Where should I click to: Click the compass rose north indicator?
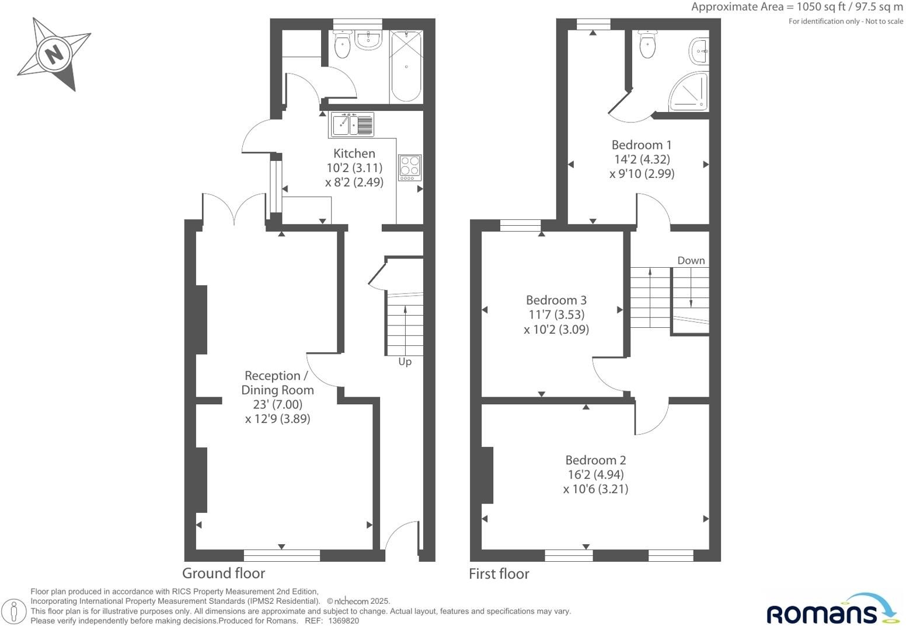coord(54,54)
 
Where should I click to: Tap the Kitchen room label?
coord(354,153)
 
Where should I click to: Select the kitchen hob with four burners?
coord(410,167)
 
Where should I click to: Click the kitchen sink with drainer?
coord(352,125)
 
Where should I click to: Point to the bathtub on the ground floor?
coord(405,66)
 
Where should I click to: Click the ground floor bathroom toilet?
coord(342,44)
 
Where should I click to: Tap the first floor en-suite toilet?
coord(647,45)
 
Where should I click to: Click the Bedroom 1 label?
coord(641,145)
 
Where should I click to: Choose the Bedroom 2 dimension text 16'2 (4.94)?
coord(595,474)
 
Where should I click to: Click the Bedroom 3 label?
coord(556,300)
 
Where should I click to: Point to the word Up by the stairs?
coord(405,362)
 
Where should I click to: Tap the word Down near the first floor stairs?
coord(691,260)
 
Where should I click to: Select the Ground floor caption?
coord(223,573)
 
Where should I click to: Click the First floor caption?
coord(499,574)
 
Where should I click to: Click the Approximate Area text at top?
coord(796,7)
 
